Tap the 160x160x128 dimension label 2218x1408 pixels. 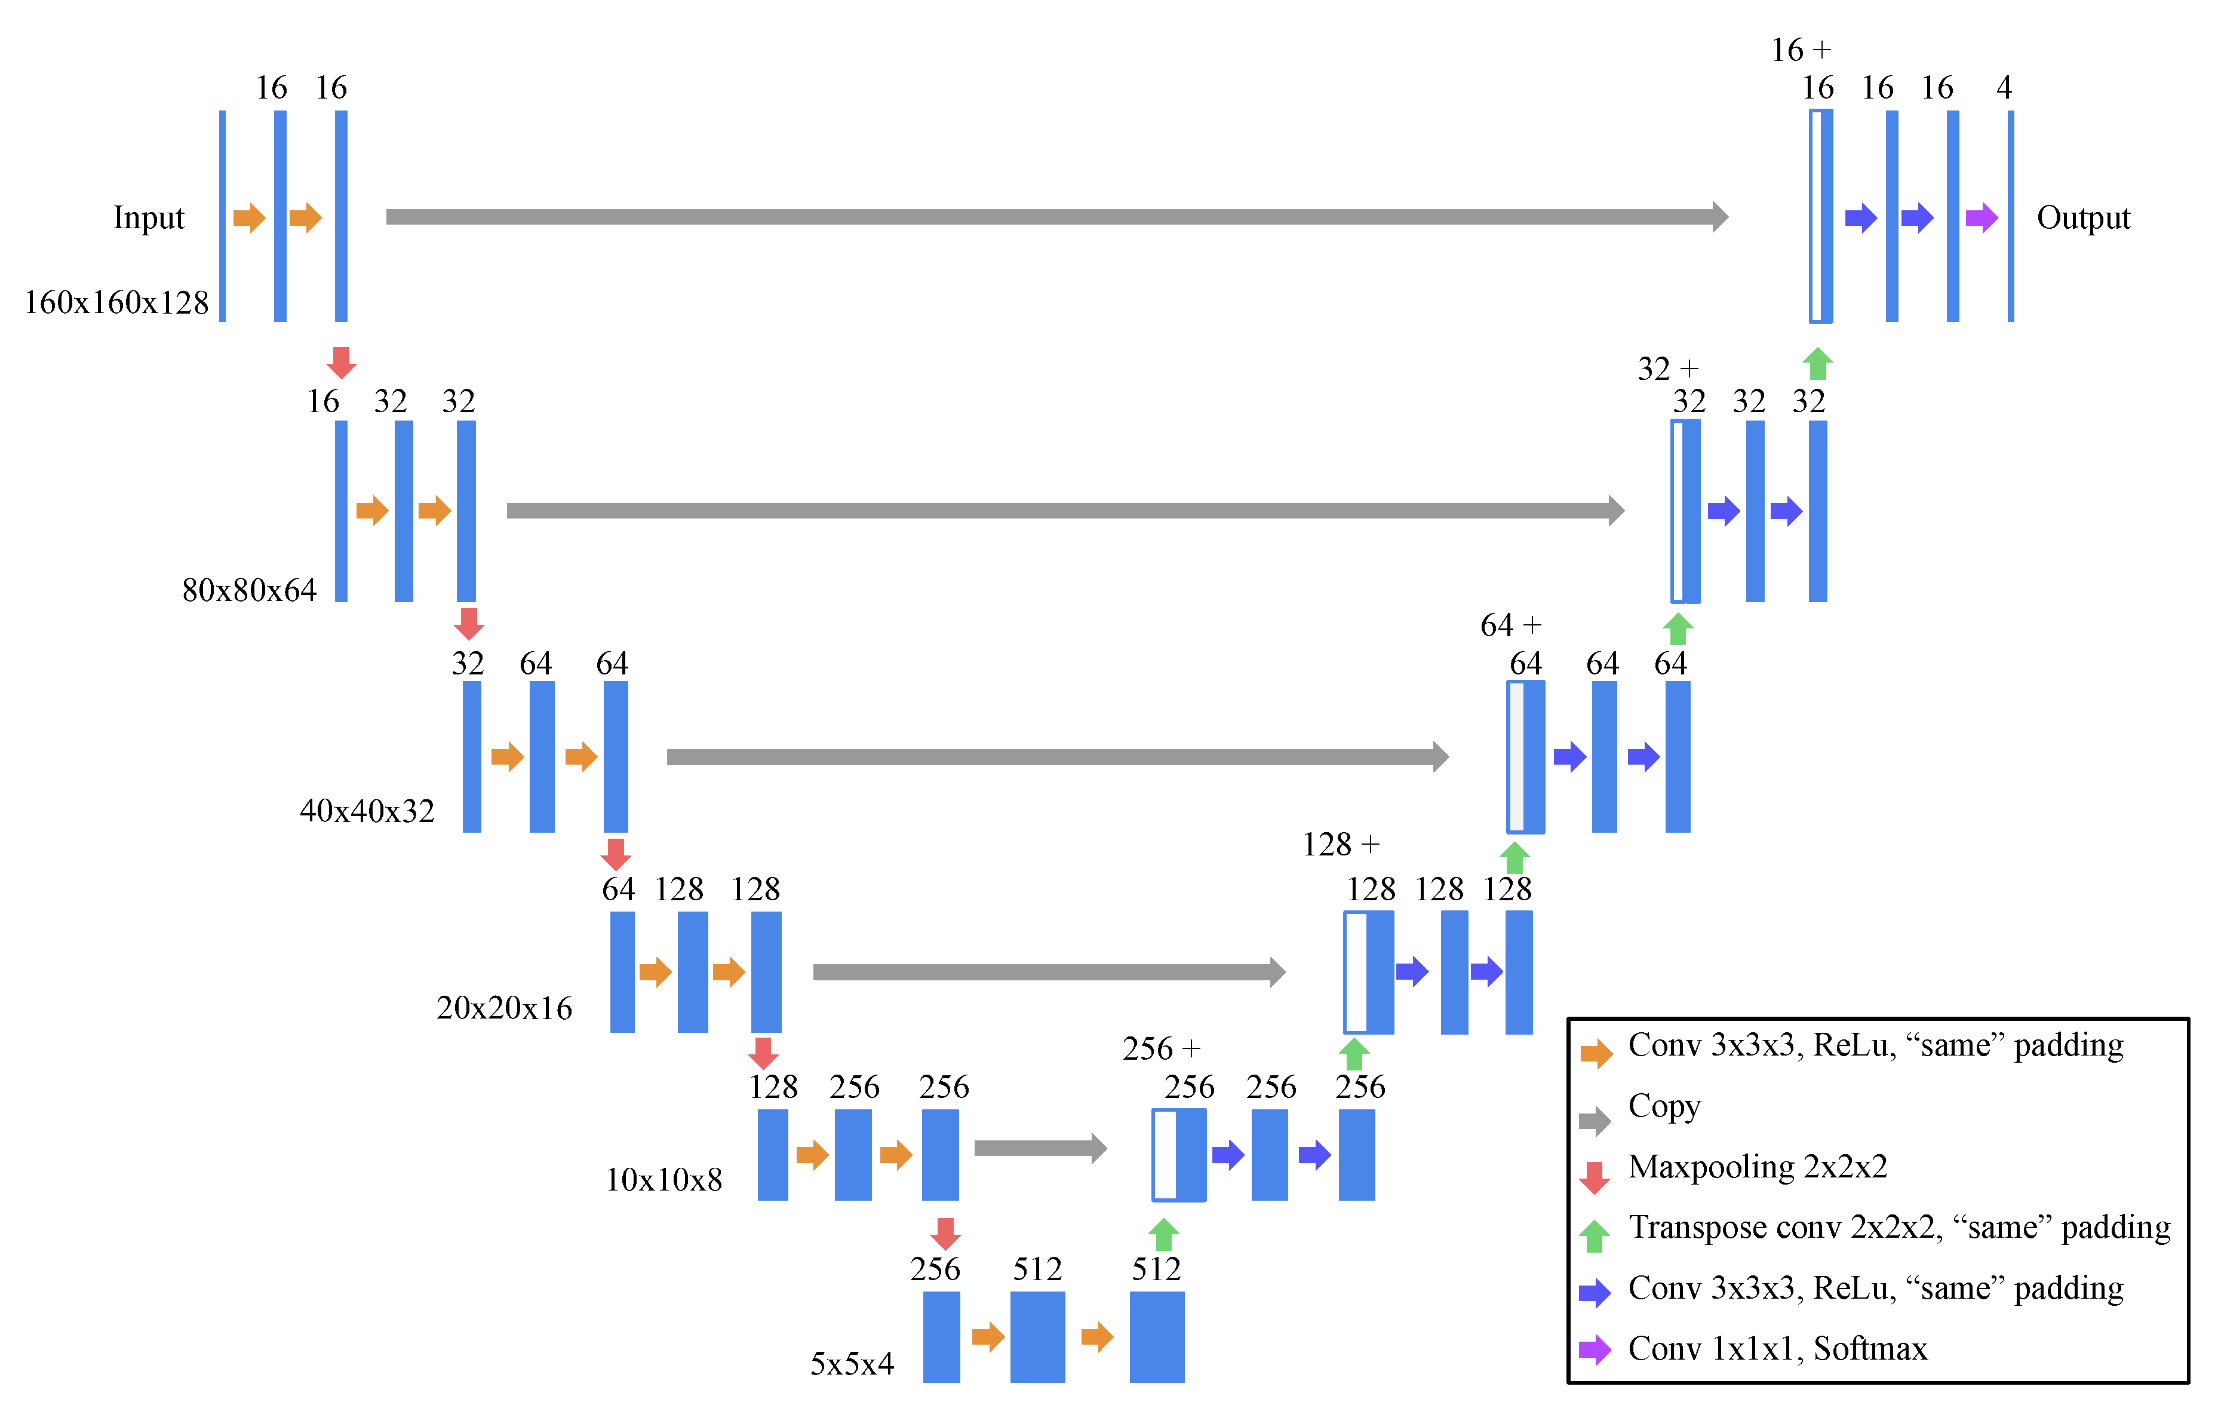pos(116,302)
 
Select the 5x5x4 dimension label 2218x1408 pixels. pos(852,1363)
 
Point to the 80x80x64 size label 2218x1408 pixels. pos(248,590)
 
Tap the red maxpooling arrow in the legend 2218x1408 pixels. pos(1595,1177)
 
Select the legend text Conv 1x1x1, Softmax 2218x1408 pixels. pos(1777,1349)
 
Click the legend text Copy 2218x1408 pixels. pos(1664,1106)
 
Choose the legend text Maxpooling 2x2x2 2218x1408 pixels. pos(1758,1167)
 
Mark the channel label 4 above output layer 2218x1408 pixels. pos(2004,88)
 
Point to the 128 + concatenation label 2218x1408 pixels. pos(1340,844)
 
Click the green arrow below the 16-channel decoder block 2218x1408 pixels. pos(1817,364)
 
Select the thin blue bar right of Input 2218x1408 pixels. pos(222,216)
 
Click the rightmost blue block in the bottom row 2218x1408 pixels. pos(1156,1336)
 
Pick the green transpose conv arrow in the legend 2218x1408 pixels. pos(1595,1236)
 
